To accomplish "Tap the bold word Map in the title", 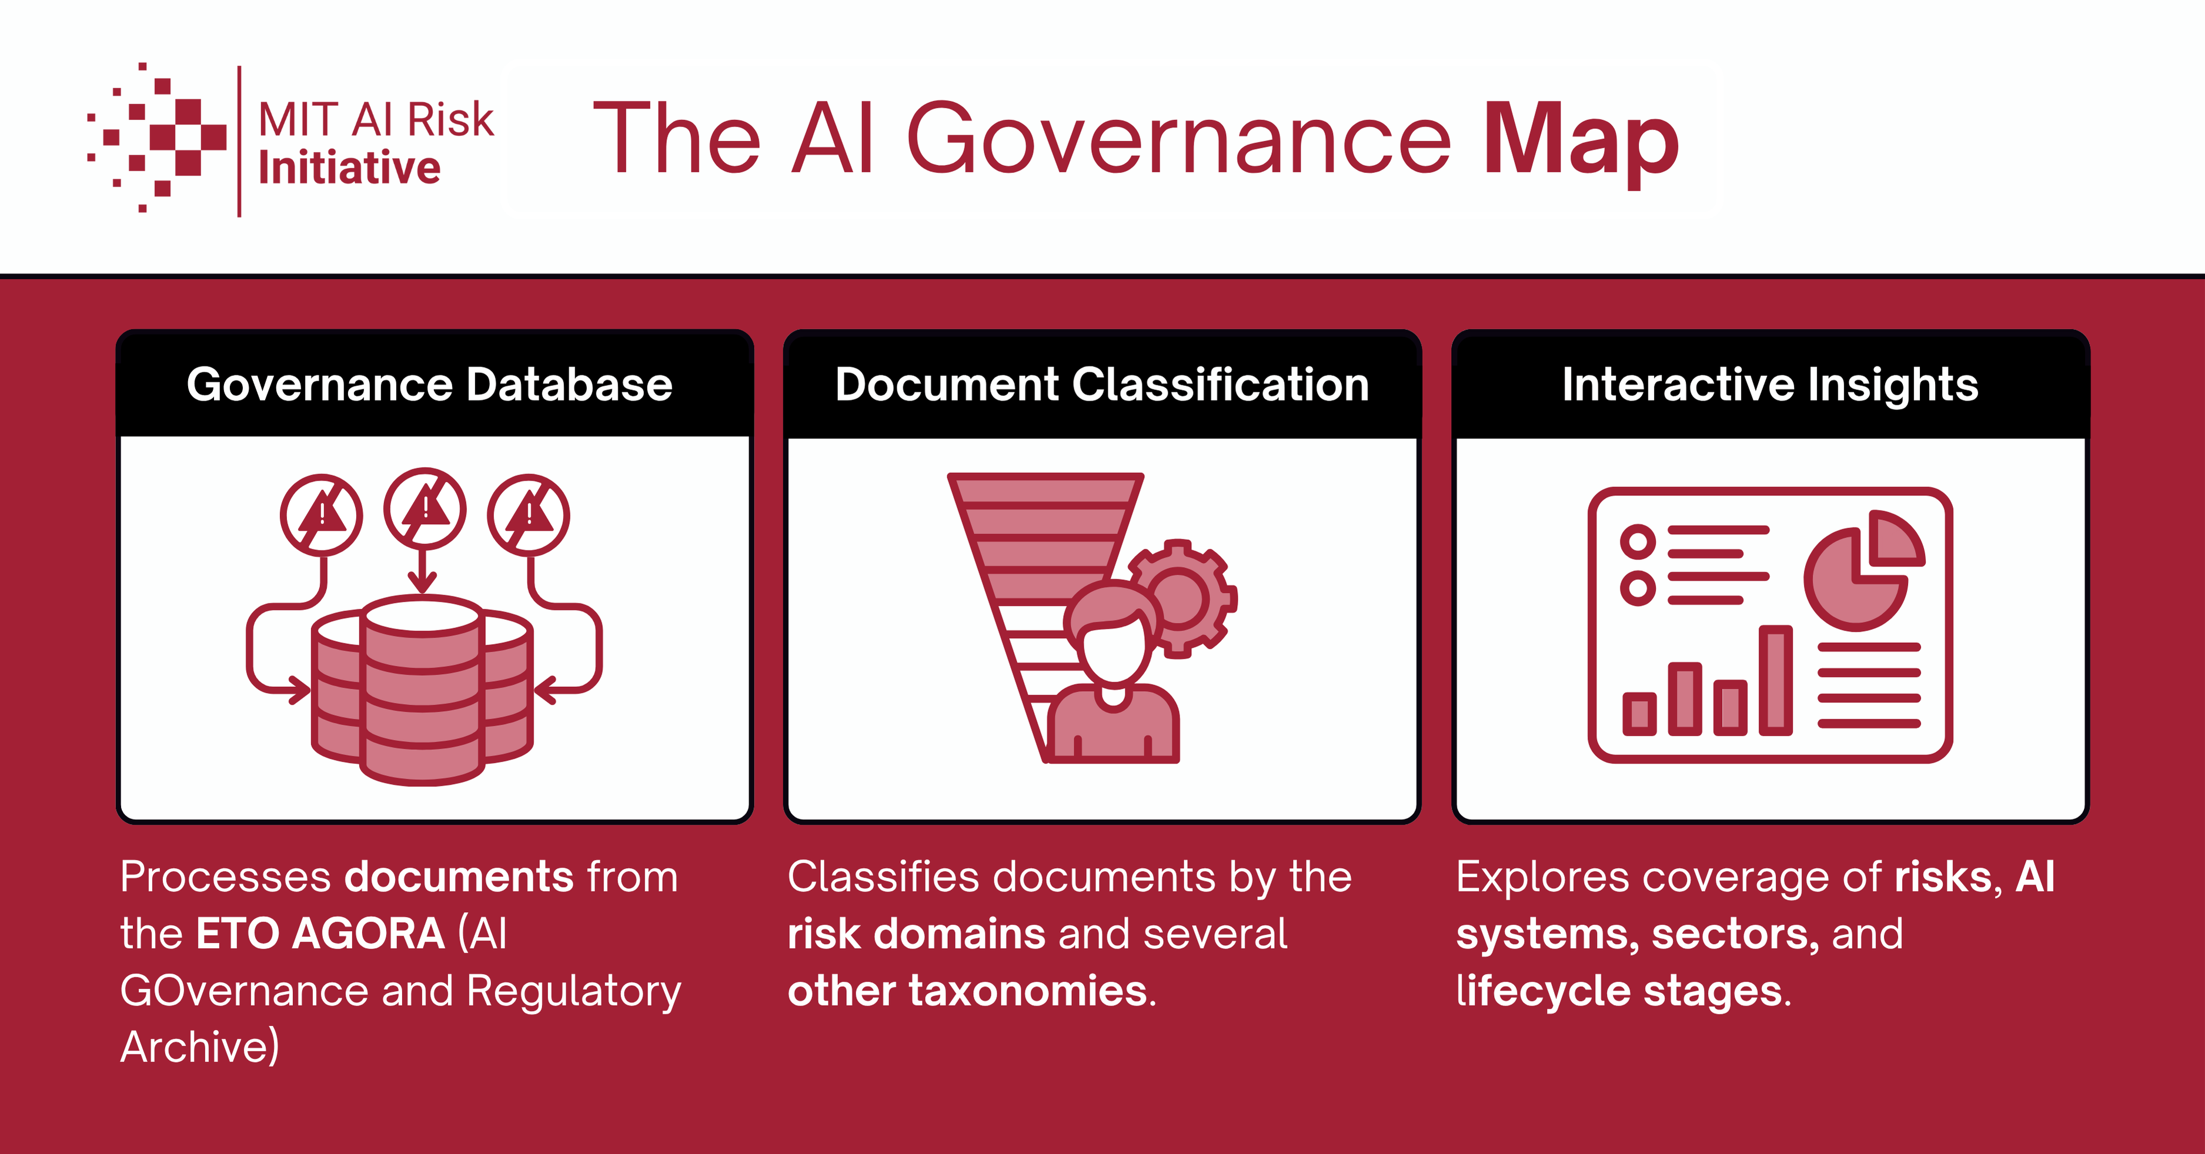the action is click(1581, 141).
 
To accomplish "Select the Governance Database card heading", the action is click(430, 385).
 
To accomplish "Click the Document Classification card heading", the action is click(1102, 385).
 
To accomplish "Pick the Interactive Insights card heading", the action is click(1770, 385).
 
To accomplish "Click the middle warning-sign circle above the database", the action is click(425, 509).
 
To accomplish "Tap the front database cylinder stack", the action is click(423, 692).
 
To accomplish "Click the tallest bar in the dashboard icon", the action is click(1775, 681).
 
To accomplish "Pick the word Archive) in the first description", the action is click(199, 1047).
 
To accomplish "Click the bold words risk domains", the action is click(917, 933).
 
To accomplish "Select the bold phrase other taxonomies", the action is click(967, 990).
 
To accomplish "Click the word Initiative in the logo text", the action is click(349, 168).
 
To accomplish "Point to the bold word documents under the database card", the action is click(459, 876).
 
